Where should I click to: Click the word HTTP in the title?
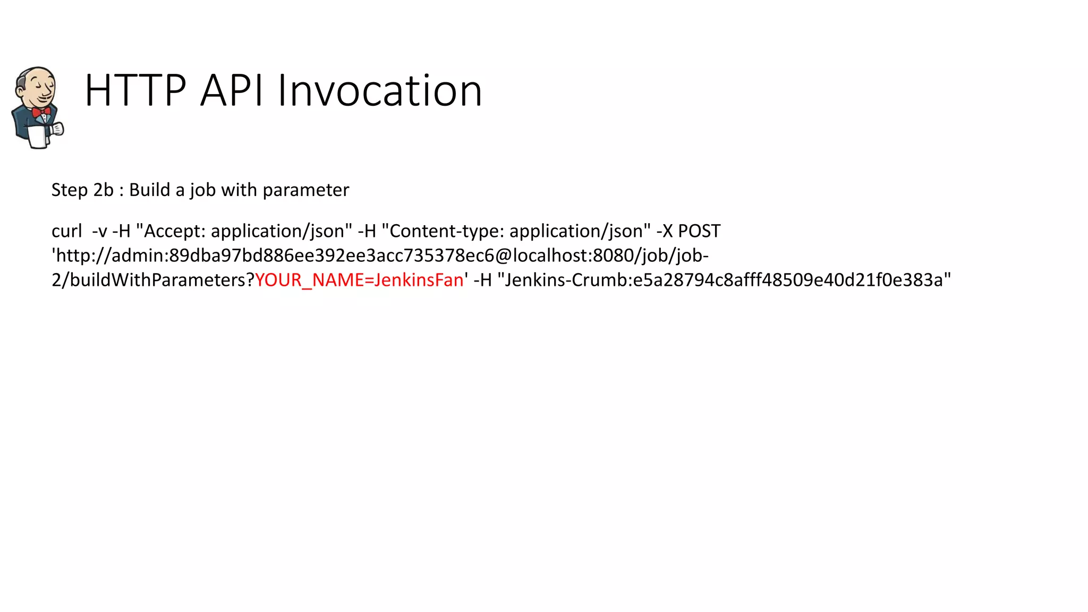(135, 91)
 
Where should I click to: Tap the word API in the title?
(231, 91)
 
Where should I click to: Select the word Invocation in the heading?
(379, 91)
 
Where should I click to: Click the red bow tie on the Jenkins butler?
(41, 112)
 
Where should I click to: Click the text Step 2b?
(82, 190)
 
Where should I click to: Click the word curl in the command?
(66, 231)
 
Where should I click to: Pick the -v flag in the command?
(99, 231)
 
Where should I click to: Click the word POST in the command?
(699, 231)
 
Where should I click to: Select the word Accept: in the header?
(174, 231)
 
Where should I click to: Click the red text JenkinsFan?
(419, 280)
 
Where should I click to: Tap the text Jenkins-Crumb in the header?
(566, 280)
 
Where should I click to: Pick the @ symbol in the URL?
(503, 256)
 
